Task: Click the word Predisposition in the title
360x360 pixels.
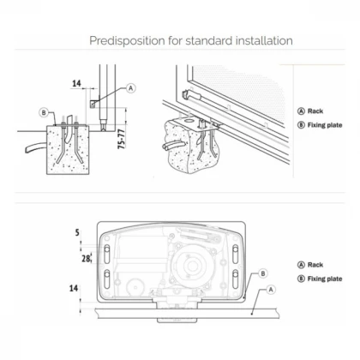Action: [x=127, y=41]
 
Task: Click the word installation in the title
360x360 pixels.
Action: [x=264, y=40]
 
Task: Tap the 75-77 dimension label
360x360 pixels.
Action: [x=122, y=139]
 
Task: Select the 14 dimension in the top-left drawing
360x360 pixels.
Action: [x=76, y=83]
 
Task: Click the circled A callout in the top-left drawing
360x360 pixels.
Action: [x=131, y=88]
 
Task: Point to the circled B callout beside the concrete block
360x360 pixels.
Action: [x=44, y=112]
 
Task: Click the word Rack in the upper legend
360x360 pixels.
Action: [x=315, y=111]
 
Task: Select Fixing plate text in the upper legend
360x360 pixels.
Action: [x=325, y=125]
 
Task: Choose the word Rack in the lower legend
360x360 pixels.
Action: [x=315, y=265]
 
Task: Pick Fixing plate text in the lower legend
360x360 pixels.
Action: [x=325, y=279]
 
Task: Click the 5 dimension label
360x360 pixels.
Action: [x=77, y=232]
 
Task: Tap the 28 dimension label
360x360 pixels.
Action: [x=86, y=259]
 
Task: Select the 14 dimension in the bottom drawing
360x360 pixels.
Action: [x=74, y=288]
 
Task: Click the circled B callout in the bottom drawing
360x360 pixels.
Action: [x=263, y=273]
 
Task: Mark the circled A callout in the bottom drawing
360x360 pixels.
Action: [x=271, y=290]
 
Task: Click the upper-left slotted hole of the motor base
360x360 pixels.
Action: [x=106, y=254]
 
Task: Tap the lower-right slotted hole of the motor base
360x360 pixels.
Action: [x=236, y=279]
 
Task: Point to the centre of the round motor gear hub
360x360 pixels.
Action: [x=190, y=266]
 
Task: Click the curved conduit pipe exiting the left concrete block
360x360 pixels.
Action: [x=36, y=147]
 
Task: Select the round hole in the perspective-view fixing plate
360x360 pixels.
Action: [x=189, y=120]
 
